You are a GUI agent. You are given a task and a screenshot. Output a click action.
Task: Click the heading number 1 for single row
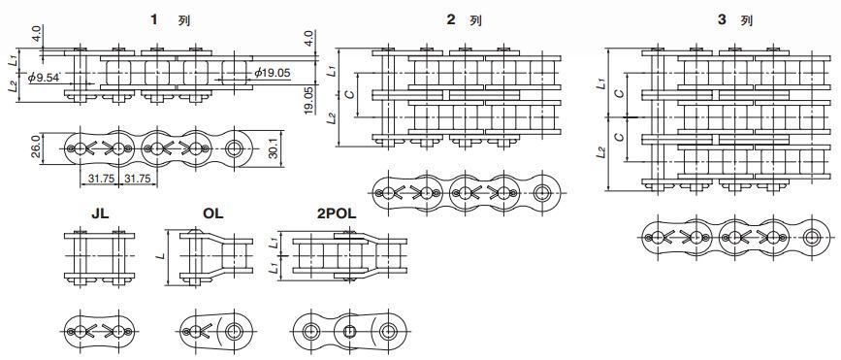coord(154,19)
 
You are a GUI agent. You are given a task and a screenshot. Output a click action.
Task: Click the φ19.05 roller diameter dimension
coord(275,72)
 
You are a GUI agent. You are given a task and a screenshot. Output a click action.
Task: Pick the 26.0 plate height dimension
coord(35,147)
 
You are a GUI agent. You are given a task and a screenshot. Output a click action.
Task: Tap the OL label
coord(213,211)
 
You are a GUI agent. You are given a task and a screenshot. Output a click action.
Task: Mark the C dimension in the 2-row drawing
coord(349,95)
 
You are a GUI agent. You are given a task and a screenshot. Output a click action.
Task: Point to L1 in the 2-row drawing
coord(332,71)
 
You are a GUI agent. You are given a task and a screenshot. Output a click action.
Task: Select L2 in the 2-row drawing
coord(332,118)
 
